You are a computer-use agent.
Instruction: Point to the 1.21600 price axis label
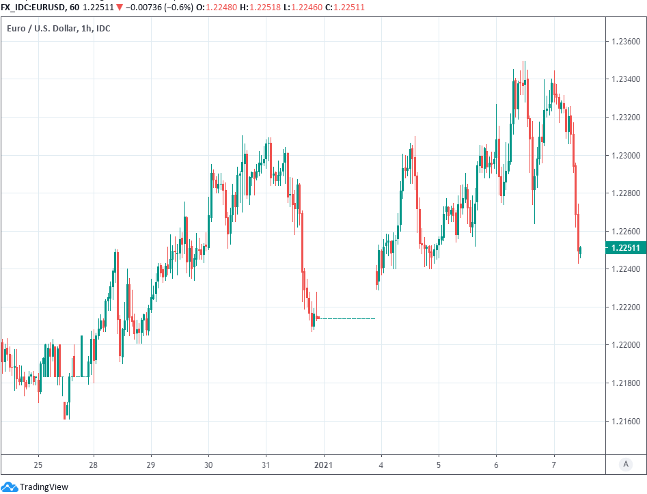coord(624,421)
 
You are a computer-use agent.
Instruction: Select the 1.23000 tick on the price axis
coord(624,156)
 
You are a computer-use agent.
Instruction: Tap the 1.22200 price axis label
coord(624,307)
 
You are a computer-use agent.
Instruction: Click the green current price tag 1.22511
coord(624,248)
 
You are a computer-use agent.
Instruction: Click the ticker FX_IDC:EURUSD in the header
coord(33,6)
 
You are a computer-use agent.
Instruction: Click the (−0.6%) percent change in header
coord(176,6)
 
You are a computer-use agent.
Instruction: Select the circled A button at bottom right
coord(625,465)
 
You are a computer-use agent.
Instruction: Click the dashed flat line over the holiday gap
coord(347,318)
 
